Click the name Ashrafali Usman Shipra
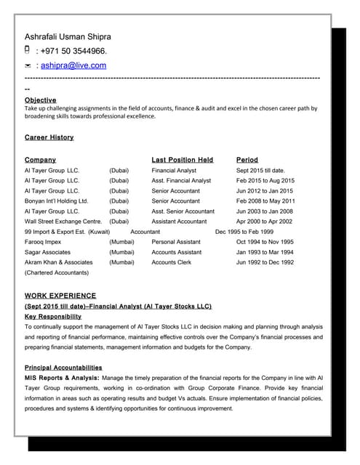click(x=68, y=36)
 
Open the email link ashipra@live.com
click(x=73, y=65)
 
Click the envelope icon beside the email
click(x=28, y=65)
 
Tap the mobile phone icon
click(x=28, y=50)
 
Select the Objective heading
click(x=40, y=100)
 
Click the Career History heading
click(x=49, y=137)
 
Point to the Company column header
click(x=40, y=159)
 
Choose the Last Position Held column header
click(x=182, y=159)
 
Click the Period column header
click(x=247, y=159)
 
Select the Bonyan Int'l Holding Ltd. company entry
click(x=56, y=201)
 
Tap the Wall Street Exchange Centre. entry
click(x=63, y=221)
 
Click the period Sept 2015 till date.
click(x=260, y=170)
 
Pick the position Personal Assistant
click(x=176, y=241)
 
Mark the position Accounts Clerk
click(x=172, y=262)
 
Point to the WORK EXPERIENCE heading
click(x=60, y=296)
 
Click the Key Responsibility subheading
click(x=53, y=317)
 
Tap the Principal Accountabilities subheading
click(x=63, y=368)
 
